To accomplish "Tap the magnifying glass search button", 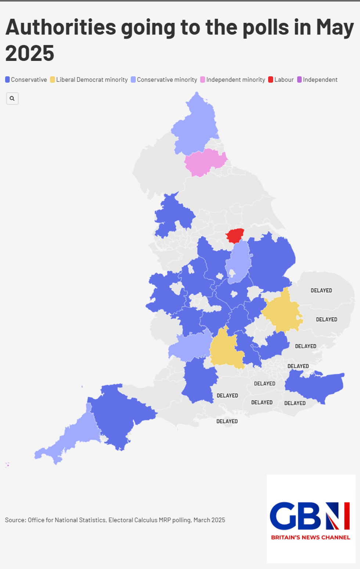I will click(12, 98).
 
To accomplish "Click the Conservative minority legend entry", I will click(167, 80).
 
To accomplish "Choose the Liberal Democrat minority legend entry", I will click(91, 80).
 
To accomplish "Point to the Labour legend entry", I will click(284, 80).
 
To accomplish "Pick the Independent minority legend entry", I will click(235, 80).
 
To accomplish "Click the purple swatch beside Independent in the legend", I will click(299, 80).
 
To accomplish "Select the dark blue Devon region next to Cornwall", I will click(118, 415).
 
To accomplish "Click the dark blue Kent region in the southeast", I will click(316, 385).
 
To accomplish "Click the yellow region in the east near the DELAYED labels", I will click(282, 312).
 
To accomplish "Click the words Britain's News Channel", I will click(310, 537).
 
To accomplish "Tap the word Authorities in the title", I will click(61, 28).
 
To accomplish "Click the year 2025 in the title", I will click(30, 53).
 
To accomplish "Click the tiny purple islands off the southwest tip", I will click(7, 465).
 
